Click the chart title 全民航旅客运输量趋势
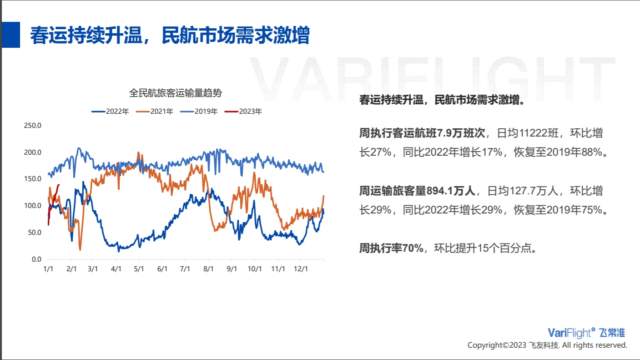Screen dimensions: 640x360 click(x=176, y=93)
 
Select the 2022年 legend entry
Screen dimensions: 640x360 click(x=110, y=111)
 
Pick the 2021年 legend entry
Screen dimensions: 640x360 click(x=155, y=111)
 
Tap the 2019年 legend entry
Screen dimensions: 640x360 click(x=199, y=111)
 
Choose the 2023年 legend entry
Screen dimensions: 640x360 click(x=243, y=111)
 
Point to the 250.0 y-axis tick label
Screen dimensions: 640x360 click(x=33, y=126)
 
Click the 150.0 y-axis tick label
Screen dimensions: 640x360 click(x=33, y=179)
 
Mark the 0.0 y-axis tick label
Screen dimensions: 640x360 click(x=36, y=259)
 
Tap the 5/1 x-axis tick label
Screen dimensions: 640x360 click(x=139, y=269)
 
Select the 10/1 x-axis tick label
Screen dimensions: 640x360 click(x=255, y=269)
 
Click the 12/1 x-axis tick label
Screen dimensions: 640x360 click(x=301, y=269)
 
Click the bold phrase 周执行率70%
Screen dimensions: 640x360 click(x=391, y=248)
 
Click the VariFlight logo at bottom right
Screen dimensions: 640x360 click(x=586, y=333)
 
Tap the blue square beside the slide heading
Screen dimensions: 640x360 click(x=11, y=35)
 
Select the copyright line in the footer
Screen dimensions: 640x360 click(x=547, y=345)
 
